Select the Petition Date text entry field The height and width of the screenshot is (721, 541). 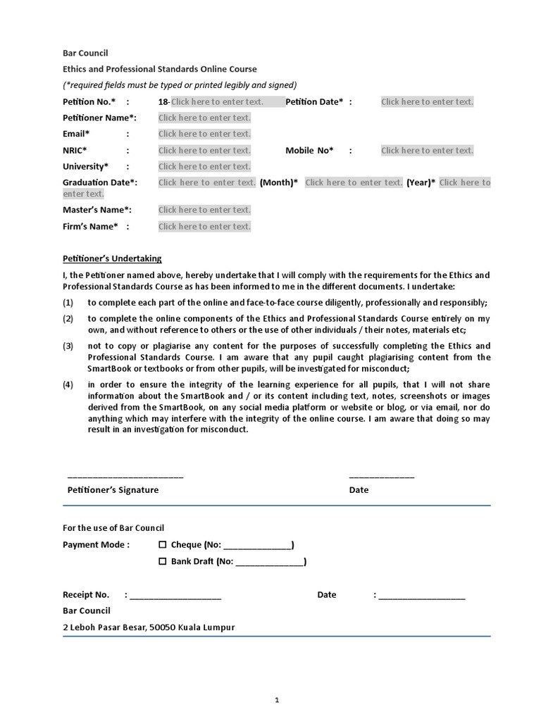[x=427, y=101]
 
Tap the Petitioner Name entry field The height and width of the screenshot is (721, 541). [x=204, y=118]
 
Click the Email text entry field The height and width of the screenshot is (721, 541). [x=204, y=134]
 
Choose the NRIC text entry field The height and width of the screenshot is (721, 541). [x=204, y=150]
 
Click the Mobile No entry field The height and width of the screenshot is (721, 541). [x=427, y=150]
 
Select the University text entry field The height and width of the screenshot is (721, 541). [x=204, y=166]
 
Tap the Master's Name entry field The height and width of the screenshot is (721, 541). [x=204, y=210]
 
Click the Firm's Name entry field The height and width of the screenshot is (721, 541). [x=204, y=226]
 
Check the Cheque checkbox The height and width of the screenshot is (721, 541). [x=163, y=545]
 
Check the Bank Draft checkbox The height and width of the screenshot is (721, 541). [x=163, y=561]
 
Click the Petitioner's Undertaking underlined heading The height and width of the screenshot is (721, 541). [x=112, y=258]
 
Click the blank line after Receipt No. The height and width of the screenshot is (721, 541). [x=175, y=597]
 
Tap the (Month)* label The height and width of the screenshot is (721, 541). [x=278, y=182]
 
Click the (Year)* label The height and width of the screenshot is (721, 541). [x=421, y=182]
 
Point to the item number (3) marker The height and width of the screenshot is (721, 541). [x=68, y=346]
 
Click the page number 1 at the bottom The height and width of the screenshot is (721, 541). [x=277, y=701]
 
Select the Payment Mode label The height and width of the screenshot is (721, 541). [x=96, y=544]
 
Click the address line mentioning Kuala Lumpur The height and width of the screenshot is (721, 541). [x=149, y=627]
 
